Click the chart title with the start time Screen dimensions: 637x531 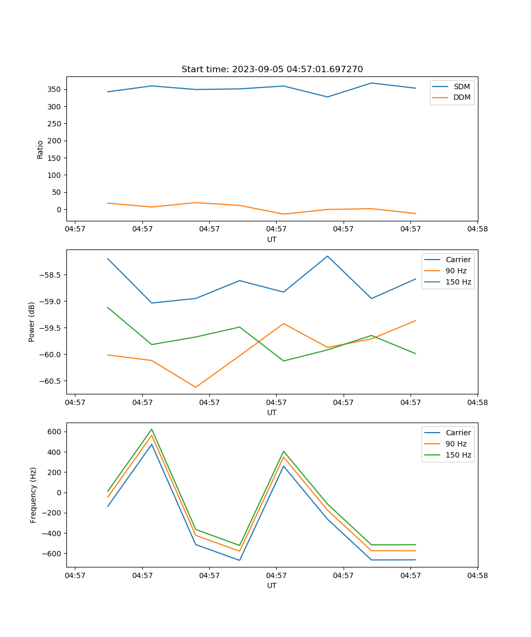tap(272, 70)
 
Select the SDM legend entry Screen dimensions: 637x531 tap(461, 87)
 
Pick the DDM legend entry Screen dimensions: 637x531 tap(461, 97)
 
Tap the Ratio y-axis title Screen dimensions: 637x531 tap(40, 149)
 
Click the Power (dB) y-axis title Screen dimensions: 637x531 tap(32, 322)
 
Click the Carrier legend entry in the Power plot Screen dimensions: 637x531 tap(458, 260)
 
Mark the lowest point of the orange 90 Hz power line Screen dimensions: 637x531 tap(195, 387)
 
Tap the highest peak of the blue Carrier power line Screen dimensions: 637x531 tap(328, 256)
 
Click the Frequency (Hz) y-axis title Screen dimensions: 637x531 tap(33, 495)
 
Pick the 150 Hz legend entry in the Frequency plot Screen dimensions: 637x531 tap(458, 455)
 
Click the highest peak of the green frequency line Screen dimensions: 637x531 tap(152, 429)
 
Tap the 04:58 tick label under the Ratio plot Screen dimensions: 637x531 tap(477, 229)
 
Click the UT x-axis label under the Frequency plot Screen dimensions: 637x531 tap(272, 586)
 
